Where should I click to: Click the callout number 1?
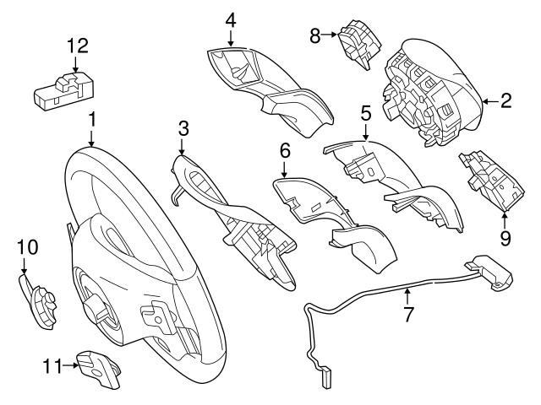click(x=91, y=121)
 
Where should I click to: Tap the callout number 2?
click(x=505, y=102)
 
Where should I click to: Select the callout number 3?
click(x=182, y=128)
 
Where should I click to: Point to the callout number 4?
click(x=231, y=19)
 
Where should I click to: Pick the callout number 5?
click(x=365, y=111)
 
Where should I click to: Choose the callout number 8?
click(x=315, y=35)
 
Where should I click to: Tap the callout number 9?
click(x=505, y=239)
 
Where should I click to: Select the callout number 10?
click(x=28, y=246)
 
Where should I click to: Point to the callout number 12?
click(x=76, y=44)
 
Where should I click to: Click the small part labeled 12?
click(x=66, y=89)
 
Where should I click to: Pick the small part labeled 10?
click(x=36, y=299)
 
